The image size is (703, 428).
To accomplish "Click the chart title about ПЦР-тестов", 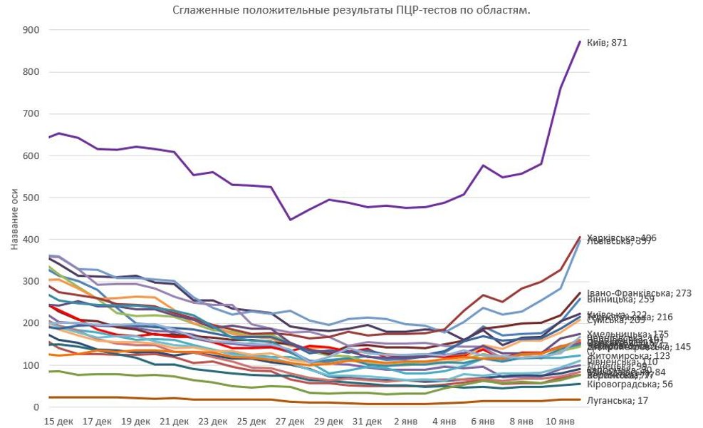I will (x=351, y=10).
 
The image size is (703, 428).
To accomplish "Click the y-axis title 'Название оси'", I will (x=15, y=218).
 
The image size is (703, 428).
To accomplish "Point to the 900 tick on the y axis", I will (x=31, y=30).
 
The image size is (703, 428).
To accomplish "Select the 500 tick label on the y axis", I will (x=31, y=198).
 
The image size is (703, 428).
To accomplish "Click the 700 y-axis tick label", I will (x=31, y=114).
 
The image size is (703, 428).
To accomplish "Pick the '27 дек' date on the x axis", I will (x=290, y=422).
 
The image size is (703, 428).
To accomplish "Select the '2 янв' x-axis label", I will (x=406, y=422).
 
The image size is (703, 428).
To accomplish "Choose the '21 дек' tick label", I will (x=174, y=422).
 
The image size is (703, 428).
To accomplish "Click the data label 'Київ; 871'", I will (x=606, y=43).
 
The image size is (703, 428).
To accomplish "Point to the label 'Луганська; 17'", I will (x=618, y=401).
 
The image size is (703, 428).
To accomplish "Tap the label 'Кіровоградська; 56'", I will (x=630, y=384).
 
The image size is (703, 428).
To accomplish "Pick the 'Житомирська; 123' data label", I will (x=628, y=355).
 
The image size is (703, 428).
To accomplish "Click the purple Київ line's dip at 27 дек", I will (x=290, y=220).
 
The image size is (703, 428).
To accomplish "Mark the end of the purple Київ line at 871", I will (x=580, y=42).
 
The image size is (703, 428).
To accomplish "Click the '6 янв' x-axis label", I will (x=483, y=422).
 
